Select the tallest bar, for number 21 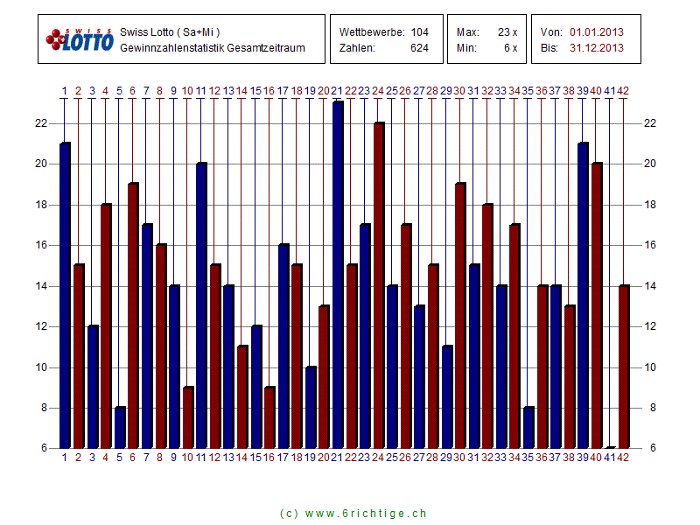pyautogui.click(x=338, y=275)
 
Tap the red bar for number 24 pyautogui.click(x=379, y=285)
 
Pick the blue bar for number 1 pyautogui.click(x=65, y=296)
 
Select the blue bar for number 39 pyautogui.click(x=583, y=296)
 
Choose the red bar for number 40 pyautogui.click(x=597, y=305)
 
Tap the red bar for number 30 pyautogui.click(x=460, y=316)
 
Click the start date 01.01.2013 pyautogui.click(x=597, y=32)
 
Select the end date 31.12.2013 pyautogui.click(x=597, y=48)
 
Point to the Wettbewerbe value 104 pyautogui.click(x=420, y=32)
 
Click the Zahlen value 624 pyautogui.click(x=420, y=48)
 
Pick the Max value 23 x pyautogui.click(x=507, y=32)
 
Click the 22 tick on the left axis pyautogui.click(x=40, y=123)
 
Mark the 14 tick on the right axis pyautogui.click(x=650, y=286)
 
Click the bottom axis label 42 pyautogui.click(x=623, y=458)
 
